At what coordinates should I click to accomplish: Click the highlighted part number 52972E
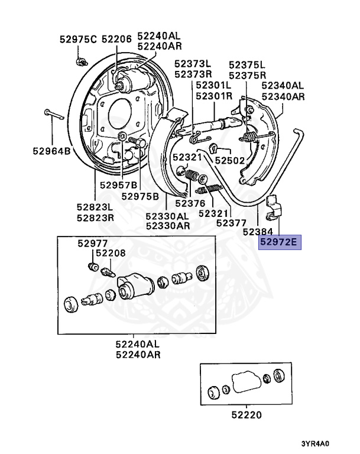coord(280,242)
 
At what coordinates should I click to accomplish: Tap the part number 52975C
coord(77,40)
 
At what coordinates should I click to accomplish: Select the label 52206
coord(116,40)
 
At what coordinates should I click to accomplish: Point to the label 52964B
coord(51,151)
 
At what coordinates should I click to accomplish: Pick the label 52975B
coord(140,196)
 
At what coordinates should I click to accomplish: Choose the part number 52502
coord(229,160)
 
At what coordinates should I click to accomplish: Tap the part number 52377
coord(231,223)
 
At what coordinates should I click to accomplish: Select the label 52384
coord(258,232)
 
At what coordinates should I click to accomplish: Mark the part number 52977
coord(92,243)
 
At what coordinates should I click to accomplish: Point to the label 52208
coord(111,253)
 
